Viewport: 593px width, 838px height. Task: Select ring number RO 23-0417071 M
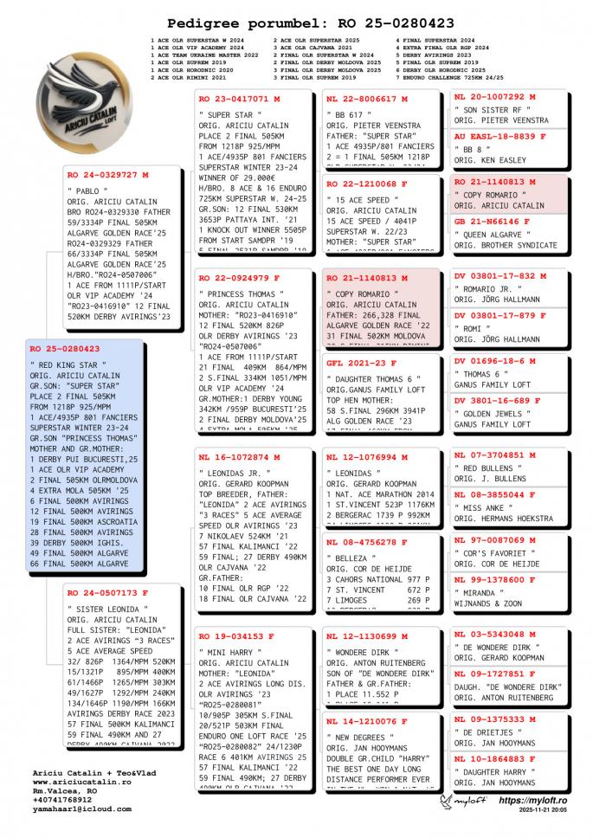[239, 100]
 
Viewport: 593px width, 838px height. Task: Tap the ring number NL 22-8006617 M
[367, 100]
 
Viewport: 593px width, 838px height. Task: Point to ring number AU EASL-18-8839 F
[500, 137]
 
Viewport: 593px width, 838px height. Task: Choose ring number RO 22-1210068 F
[367, 184]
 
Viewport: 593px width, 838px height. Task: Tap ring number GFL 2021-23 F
[362, 363]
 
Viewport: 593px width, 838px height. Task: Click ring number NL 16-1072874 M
[239, 456]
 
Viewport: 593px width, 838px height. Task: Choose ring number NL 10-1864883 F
[500, 759]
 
